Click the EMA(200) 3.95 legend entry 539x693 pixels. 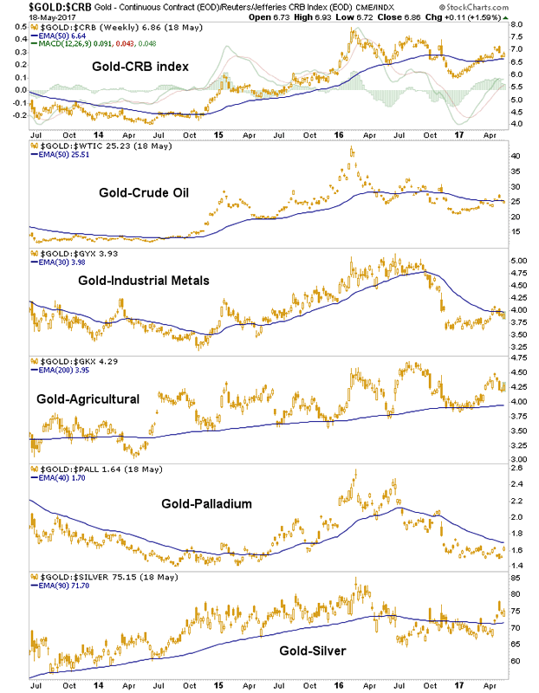point(62,369)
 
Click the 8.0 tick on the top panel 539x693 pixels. point(515,26)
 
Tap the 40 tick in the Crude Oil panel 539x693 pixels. point(514,156)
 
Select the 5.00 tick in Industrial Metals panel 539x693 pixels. point(517,260)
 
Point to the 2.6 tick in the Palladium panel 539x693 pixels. point(515,469)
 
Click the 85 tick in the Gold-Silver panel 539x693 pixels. point(514,578)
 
